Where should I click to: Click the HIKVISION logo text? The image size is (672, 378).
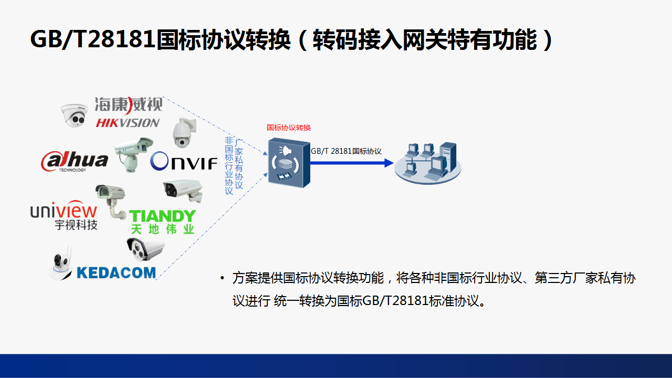(x=128, y=123)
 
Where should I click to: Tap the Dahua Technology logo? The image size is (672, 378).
(x=75, y=161)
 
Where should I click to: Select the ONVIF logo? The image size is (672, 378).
(x=184, y=161)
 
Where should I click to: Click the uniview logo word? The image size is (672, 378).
(x=64, y=209)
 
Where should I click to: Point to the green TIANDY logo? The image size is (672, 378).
(x=162, y=216)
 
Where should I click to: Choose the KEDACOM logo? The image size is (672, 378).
(x=117, y=272)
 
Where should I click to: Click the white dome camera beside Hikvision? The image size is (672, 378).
(x=74, y=115)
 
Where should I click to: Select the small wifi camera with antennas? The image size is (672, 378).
(x=61, y=264)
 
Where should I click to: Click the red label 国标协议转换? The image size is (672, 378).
(x=289, y=128)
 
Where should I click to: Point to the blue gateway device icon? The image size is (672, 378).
(x=289, y=163)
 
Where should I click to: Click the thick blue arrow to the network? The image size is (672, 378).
(x=352, y=163)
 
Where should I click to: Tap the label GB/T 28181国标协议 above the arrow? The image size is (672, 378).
(x=346, y=151)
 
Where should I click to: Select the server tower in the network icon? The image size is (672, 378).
(x=448, y=157)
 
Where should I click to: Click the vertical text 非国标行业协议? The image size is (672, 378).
(x=229, y=165)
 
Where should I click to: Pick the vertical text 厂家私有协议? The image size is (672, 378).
(x=239, y=164)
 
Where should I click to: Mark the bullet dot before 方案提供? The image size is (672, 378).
(x=222, y=278)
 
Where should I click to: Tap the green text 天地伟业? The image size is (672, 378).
(x=162, y=229)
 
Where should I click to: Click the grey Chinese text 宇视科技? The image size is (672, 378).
(x=76, y=225)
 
